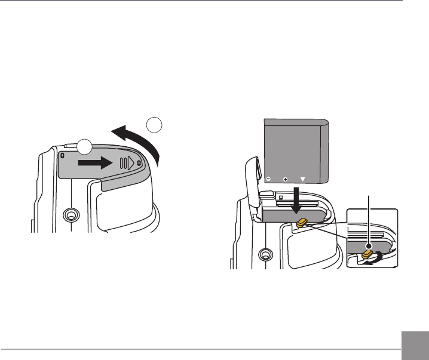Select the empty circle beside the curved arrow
(x=154, y=125)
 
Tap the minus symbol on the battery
(x=268, y=179)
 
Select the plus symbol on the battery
(x=285, y=179)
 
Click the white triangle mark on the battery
(x=302, y=179)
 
